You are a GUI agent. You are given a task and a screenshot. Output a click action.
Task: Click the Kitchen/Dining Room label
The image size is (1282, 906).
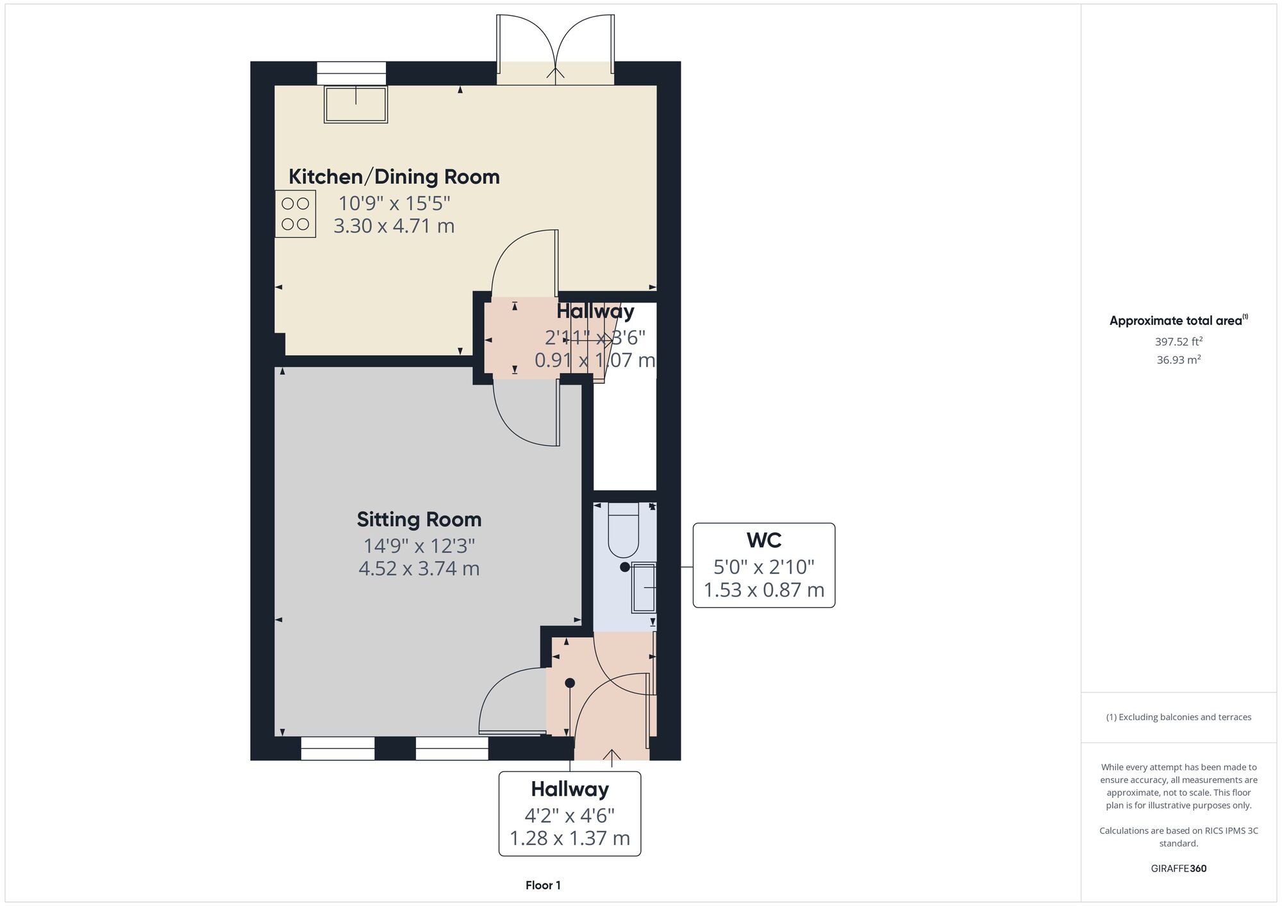(x=394, y=177)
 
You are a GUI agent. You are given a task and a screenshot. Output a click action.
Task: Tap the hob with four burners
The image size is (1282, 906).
(x=296, y=214)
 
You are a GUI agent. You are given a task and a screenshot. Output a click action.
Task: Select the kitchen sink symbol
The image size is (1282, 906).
(x=356, y=104)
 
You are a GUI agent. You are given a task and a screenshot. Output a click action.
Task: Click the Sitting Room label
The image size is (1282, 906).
(x=419, y=520)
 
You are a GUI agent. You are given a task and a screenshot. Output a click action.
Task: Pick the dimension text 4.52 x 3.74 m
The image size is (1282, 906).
(x=419, y=568)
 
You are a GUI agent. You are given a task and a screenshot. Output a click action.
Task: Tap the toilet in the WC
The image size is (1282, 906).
(x=623, y=530)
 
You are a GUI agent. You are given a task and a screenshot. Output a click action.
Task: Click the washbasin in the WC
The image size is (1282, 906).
(x=644, y=588)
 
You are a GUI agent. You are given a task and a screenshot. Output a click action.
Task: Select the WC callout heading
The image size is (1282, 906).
(x=764, y=540)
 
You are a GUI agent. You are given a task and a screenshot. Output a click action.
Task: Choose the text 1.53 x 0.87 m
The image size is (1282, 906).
(x=764, y=589)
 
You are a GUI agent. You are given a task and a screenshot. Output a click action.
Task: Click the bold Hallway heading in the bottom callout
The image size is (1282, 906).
(x=570, y=789)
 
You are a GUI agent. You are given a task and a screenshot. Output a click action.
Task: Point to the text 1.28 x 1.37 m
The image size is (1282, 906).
(x=570, y=838)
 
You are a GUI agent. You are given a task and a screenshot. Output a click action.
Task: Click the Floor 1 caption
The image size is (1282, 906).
(x=543, y=885)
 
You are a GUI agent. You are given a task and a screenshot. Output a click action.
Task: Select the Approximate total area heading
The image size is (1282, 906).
(x=1179, y=320)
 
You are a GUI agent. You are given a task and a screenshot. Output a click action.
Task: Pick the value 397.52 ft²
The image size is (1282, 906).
(x=1179, y=342)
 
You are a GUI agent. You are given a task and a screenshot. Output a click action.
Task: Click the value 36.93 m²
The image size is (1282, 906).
(x=1179, y=359)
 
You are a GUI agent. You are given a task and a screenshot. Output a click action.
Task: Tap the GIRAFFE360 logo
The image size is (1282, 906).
(x=1179, y=869)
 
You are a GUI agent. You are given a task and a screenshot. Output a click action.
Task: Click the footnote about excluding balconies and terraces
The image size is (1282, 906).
(x=1179, y=717)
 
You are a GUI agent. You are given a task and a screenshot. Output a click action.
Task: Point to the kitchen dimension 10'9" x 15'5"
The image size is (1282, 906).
(x=394, y=203)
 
